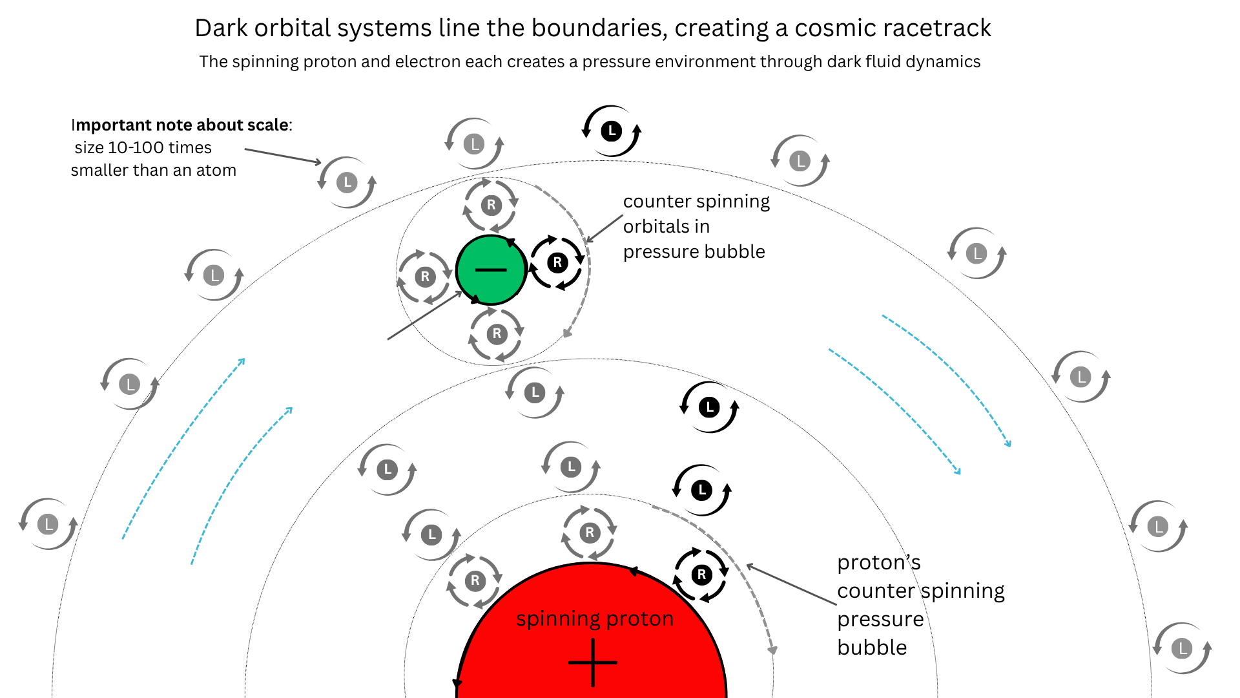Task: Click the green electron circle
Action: (491, 270)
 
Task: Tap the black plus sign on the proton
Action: (593, 662)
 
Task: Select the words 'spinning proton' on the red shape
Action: (595, 619)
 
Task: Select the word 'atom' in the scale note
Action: (216, 170)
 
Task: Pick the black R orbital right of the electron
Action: (557, 262)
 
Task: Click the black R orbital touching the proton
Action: (701, 575)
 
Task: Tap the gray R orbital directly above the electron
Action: (491, 206)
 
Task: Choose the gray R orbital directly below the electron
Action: (496, 333)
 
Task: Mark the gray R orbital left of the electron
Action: (424, 277)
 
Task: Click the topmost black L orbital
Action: (611, 131)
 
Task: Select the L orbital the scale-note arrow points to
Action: (347, 182)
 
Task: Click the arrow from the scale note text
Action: (283, 156)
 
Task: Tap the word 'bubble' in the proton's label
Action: (872, 647)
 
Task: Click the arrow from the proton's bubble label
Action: (791, 584)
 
